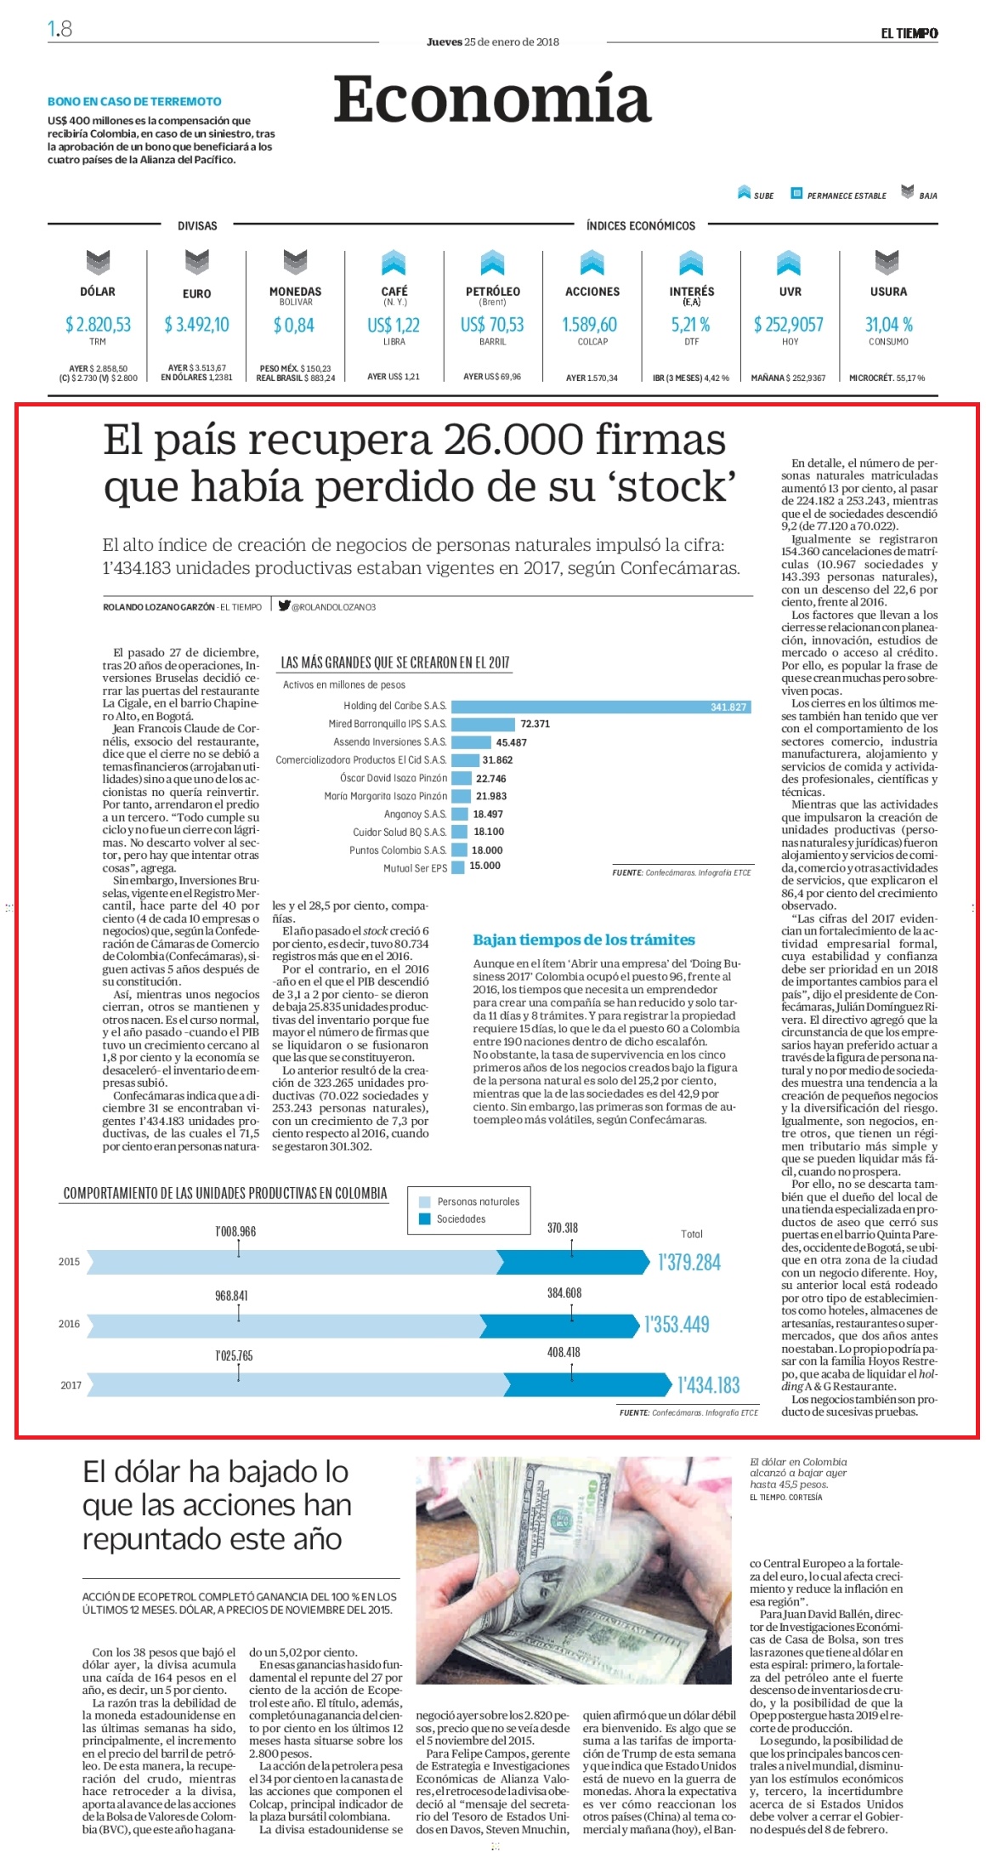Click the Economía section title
(x=491, y=99)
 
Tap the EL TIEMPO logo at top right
(x=909, y=33)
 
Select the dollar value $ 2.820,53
(x=99, y=324)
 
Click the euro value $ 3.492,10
(x=196, y=324)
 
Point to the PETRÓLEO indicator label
(x=493, y=291)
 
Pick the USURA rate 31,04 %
(x=889, y=324)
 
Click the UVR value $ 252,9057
(x=789, y=324)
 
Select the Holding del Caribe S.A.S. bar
(x=601, y=707)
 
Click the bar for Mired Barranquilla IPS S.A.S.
(x=483, y=724)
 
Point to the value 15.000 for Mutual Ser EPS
(x=485, y=866)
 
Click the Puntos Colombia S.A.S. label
(x=398, y=850)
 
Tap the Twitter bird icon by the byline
(x=284, y=605)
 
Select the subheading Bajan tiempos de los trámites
(x=584, y=940)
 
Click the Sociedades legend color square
(x=425, y=1219)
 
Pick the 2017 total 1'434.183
(x=709, y=1385)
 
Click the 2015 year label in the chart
(x=69, y=1262)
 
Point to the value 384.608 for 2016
(x=564, y=1293)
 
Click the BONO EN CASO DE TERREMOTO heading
(x=134, y=101)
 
